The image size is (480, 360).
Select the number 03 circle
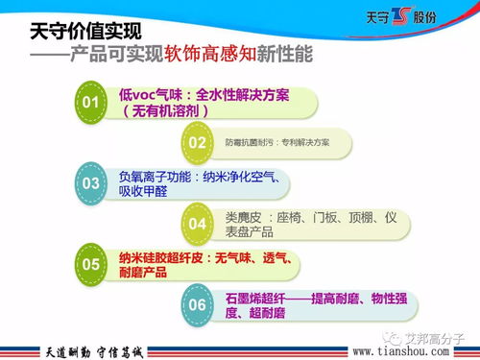point(92,182)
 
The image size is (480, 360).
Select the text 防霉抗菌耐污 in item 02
point(244,142)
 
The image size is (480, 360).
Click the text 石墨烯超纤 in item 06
point(254,298)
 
